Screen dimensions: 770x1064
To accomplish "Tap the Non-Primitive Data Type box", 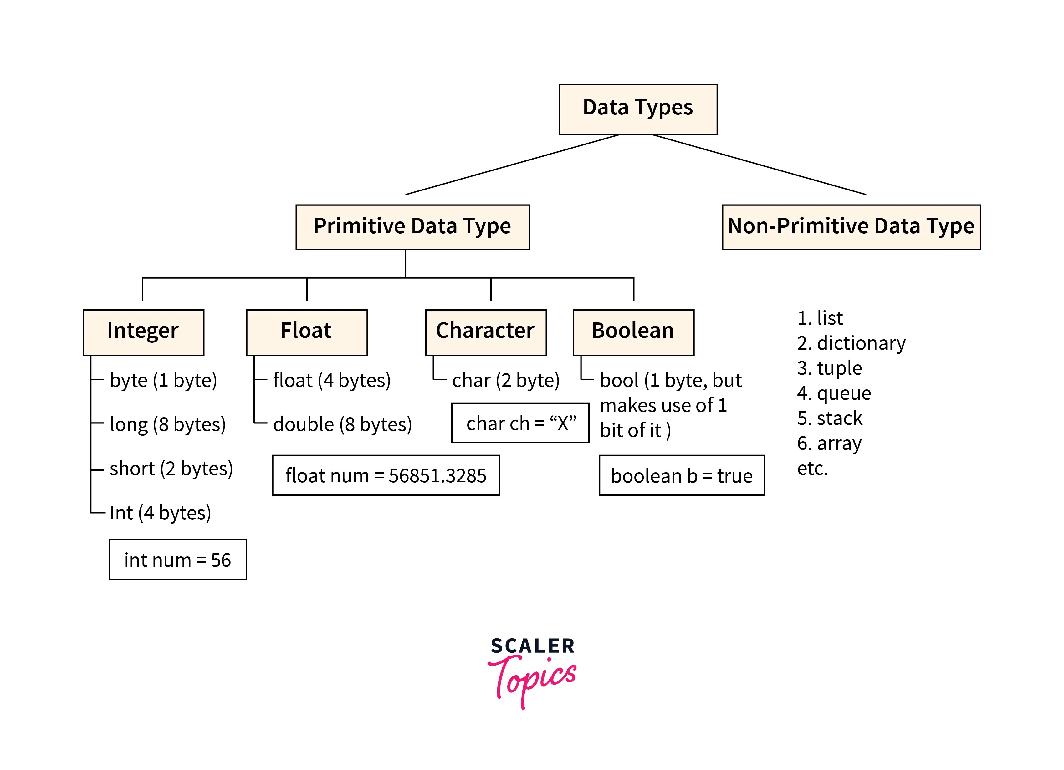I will (x=851, y=227).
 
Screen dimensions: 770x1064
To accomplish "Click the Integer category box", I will (x=143, y=332).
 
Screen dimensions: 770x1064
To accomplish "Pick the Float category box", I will (x=306, y=332).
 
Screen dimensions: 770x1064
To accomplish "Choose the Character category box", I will (x=486, y=332).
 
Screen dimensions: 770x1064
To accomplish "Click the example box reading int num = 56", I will (x=177, y=560).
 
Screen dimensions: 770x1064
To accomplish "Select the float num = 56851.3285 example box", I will (x=386, y=475).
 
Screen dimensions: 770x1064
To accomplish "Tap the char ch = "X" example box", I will (x=520, y=423).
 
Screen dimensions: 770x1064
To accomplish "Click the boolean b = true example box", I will (x=681, y=475).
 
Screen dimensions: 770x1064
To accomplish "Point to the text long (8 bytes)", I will (x=167, y=424).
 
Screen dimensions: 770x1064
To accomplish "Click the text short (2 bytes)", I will (x=171, y=469).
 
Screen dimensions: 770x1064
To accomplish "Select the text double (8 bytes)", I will (x=342, y=424).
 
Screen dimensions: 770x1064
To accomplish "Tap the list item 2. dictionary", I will (x=851, y=343).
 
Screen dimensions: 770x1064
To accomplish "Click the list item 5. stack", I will (x=829, y=418).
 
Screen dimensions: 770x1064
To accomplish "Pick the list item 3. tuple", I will (x=829, y=368).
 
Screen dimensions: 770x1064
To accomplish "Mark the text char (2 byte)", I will (x=506, y=380).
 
